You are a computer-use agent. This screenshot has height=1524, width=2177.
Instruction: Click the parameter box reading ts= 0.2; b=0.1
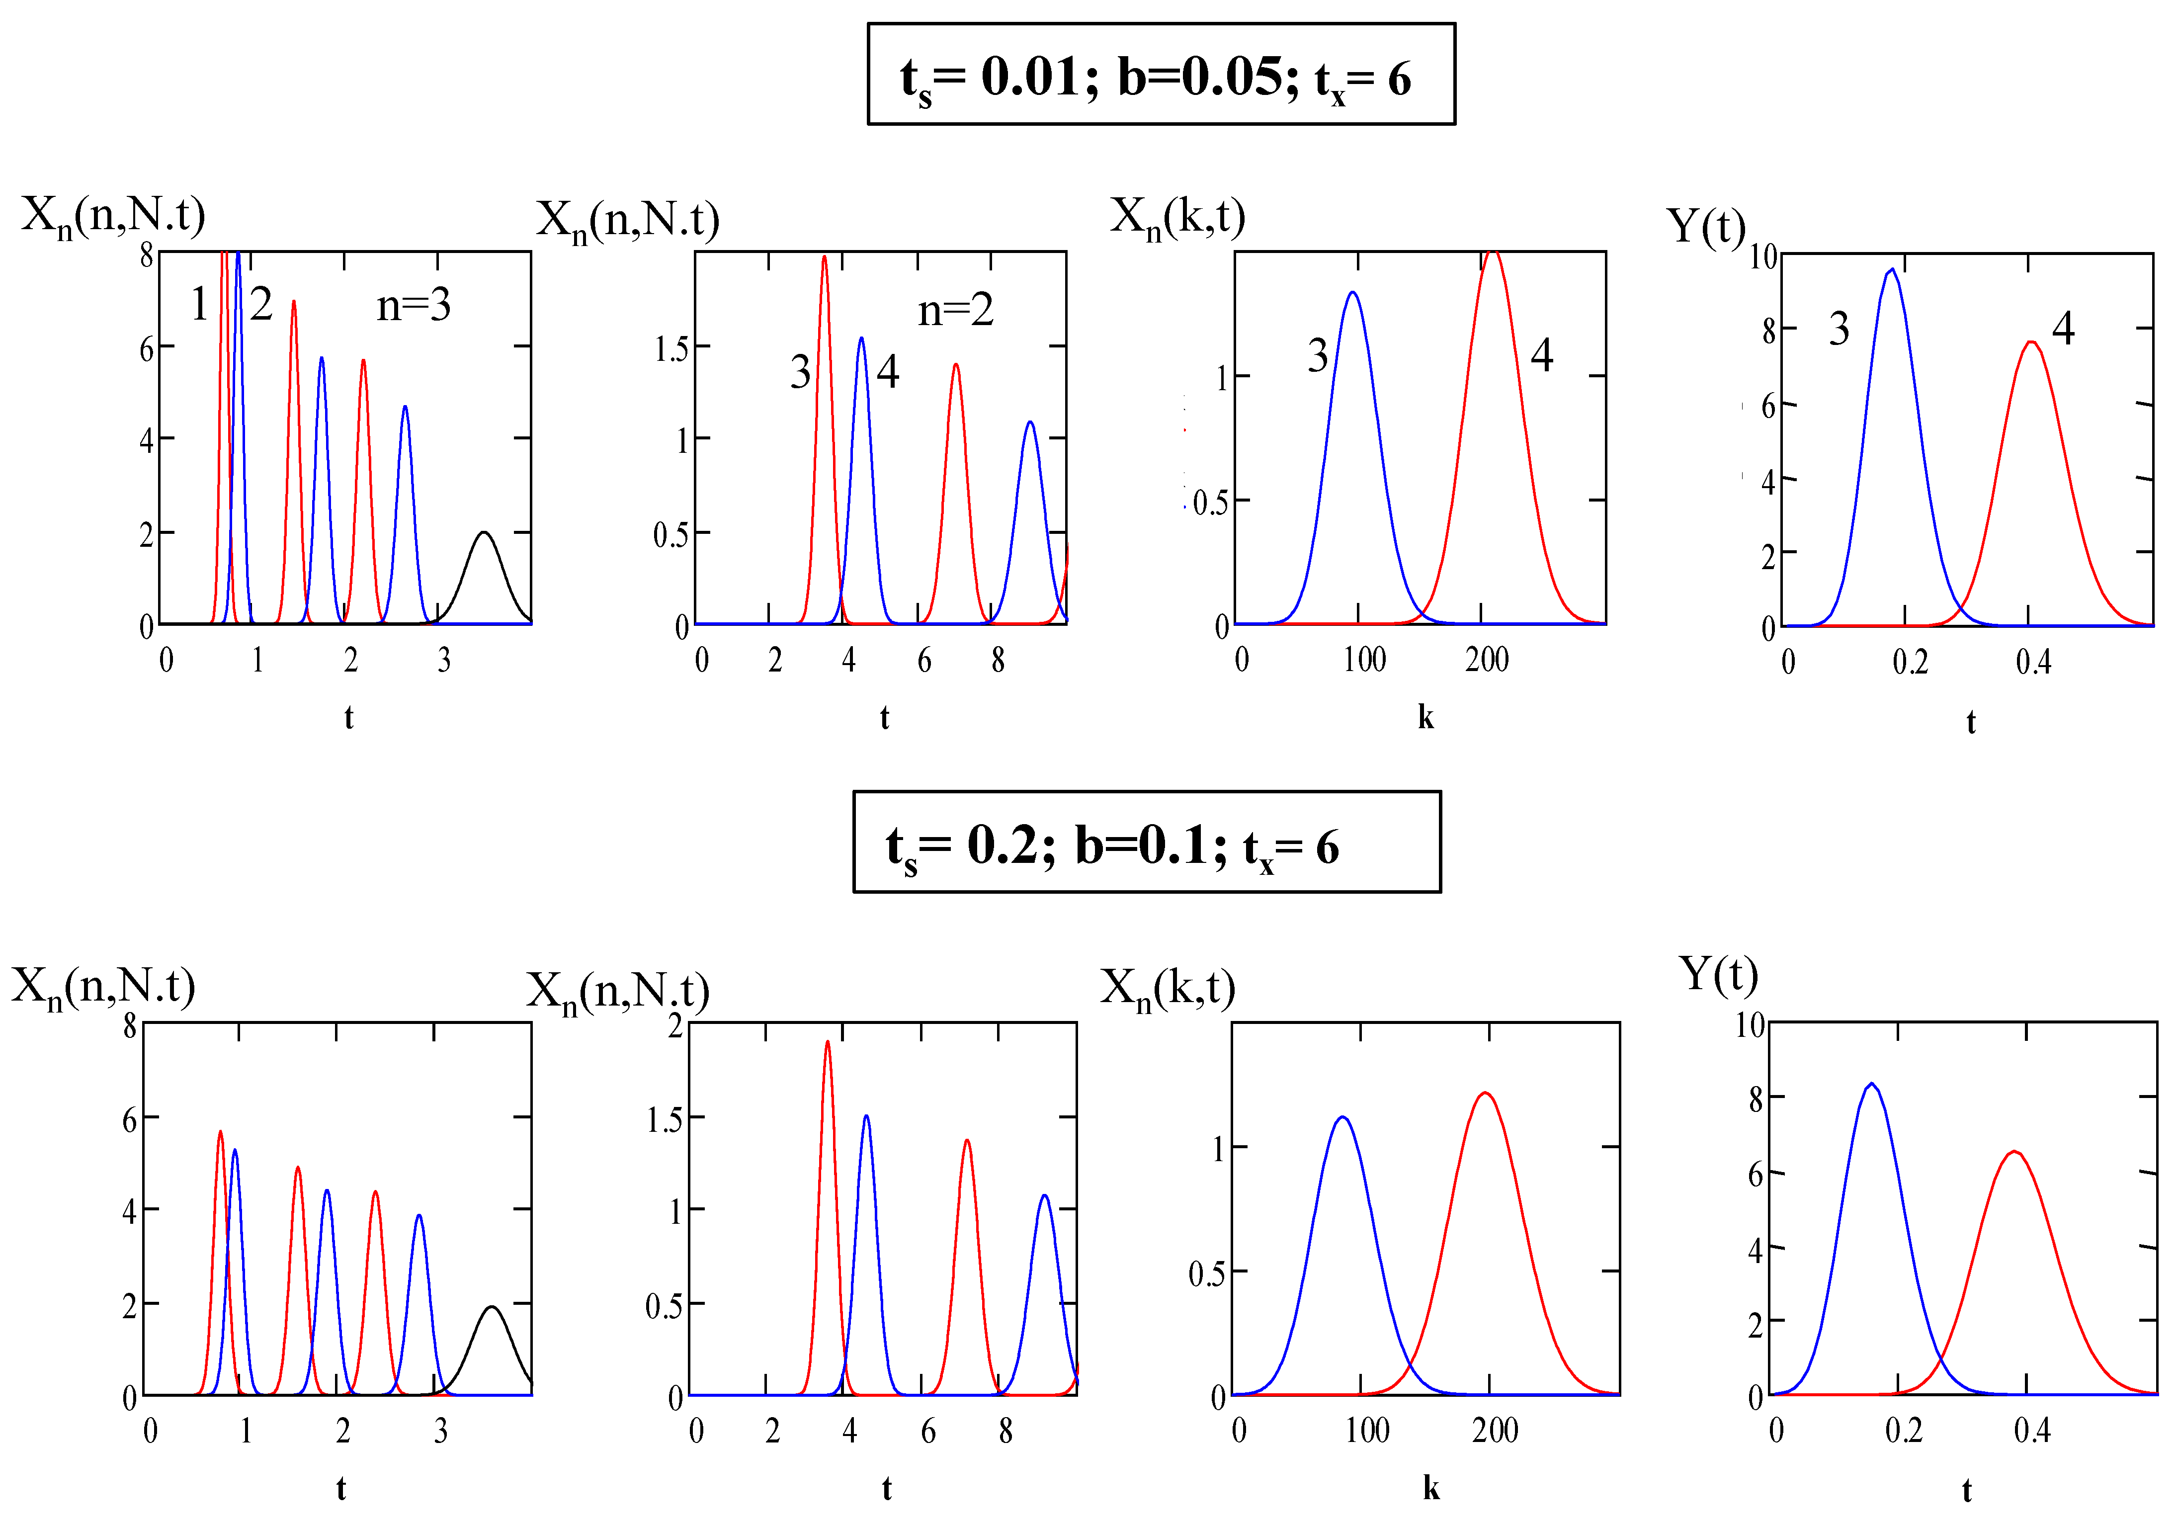[x=1146, y=842]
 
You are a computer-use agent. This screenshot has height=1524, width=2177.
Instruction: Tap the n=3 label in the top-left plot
[x=414, y=305]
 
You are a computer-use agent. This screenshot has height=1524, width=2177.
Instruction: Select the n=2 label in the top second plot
[x=956, y=310]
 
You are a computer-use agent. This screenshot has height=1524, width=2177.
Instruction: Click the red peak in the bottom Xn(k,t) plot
[x=1485, y=1094]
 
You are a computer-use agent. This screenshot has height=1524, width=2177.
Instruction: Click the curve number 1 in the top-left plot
[x=199, y=304]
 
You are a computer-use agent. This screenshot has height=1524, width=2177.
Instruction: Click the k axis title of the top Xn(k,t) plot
[x=1425, y=718]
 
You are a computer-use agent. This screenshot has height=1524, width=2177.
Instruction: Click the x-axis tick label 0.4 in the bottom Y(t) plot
[x=2032, y=1430]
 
